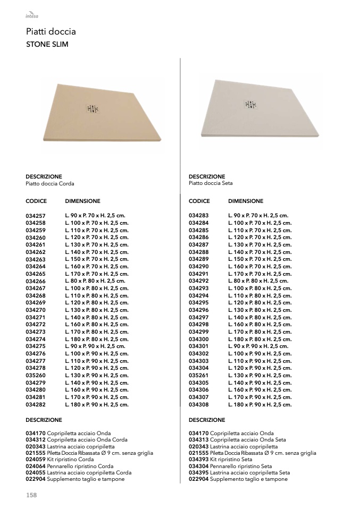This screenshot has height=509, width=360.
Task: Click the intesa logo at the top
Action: pyautogui.click(x=32, y=15)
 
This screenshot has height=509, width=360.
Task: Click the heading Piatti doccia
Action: pyautogui.click(x=51, y=32)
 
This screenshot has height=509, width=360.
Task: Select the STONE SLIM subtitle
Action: pyautogui.click(x=47, y=45)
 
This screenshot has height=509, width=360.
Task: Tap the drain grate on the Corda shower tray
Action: pyautogui.click(x=93, y=109)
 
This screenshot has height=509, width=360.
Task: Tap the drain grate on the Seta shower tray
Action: pyautogui.click(x=250, y=105)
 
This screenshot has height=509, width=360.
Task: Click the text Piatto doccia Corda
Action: pyautogui.click(x=50, y=184)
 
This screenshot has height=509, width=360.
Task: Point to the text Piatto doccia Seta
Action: pyautogui.click(x=211, y=184)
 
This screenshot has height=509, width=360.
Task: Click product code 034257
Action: pyautogui.click(x=36, y=216)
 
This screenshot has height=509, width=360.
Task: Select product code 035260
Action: pyautogui.click(x=36, y=376)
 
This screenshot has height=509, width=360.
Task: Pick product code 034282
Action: pyautogui.click(x=36, y=405)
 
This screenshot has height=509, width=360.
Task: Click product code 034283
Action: pyautogui.click(x=199, y=216)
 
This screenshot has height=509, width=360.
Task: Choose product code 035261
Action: pyautogui.click(x=199, y=376)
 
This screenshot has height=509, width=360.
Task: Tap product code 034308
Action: pyautogui.click(x=199, y=405)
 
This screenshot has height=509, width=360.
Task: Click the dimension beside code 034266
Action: pyautogui.click(x=95, y=281)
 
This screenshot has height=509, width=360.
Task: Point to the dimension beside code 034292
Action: pyautogui.click(x=258, y=281)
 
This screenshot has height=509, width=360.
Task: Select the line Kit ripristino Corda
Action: pyautogui.click(x=70, y=460)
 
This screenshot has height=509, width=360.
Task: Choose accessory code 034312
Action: pyautogui.click(x=36, y=440)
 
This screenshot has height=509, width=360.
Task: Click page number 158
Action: pyautogui.click(x=31, y=495)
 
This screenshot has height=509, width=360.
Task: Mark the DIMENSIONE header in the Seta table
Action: pyautogui.click(x=246, y=201)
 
